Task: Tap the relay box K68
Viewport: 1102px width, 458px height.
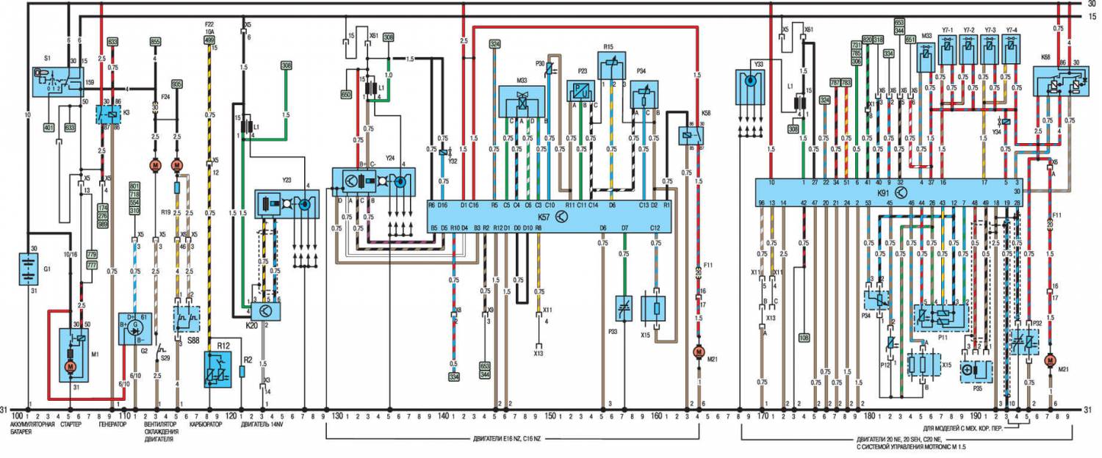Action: [x=1059, y=84]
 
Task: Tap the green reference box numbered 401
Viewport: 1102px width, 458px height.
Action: [x=49, y=127]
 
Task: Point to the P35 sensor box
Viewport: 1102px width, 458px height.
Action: [x=976, y=371]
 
